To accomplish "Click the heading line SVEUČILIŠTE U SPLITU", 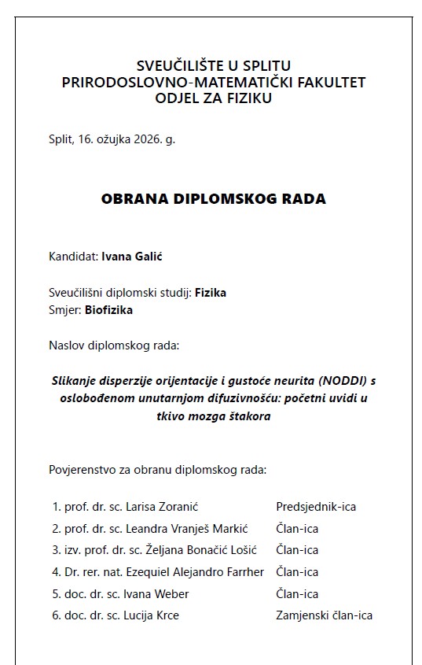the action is click(213, 65).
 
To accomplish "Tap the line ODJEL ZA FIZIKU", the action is click(213, 98).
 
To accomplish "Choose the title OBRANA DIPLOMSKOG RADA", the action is click(213, 199).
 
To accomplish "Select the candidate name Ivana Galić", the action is click(131, 256).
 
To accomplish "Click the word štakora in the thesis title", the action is click(248, 416).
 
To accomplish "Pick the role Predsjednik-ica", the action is click(316, 507).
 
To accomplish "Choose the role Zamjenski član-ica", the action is click(324, 615).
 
